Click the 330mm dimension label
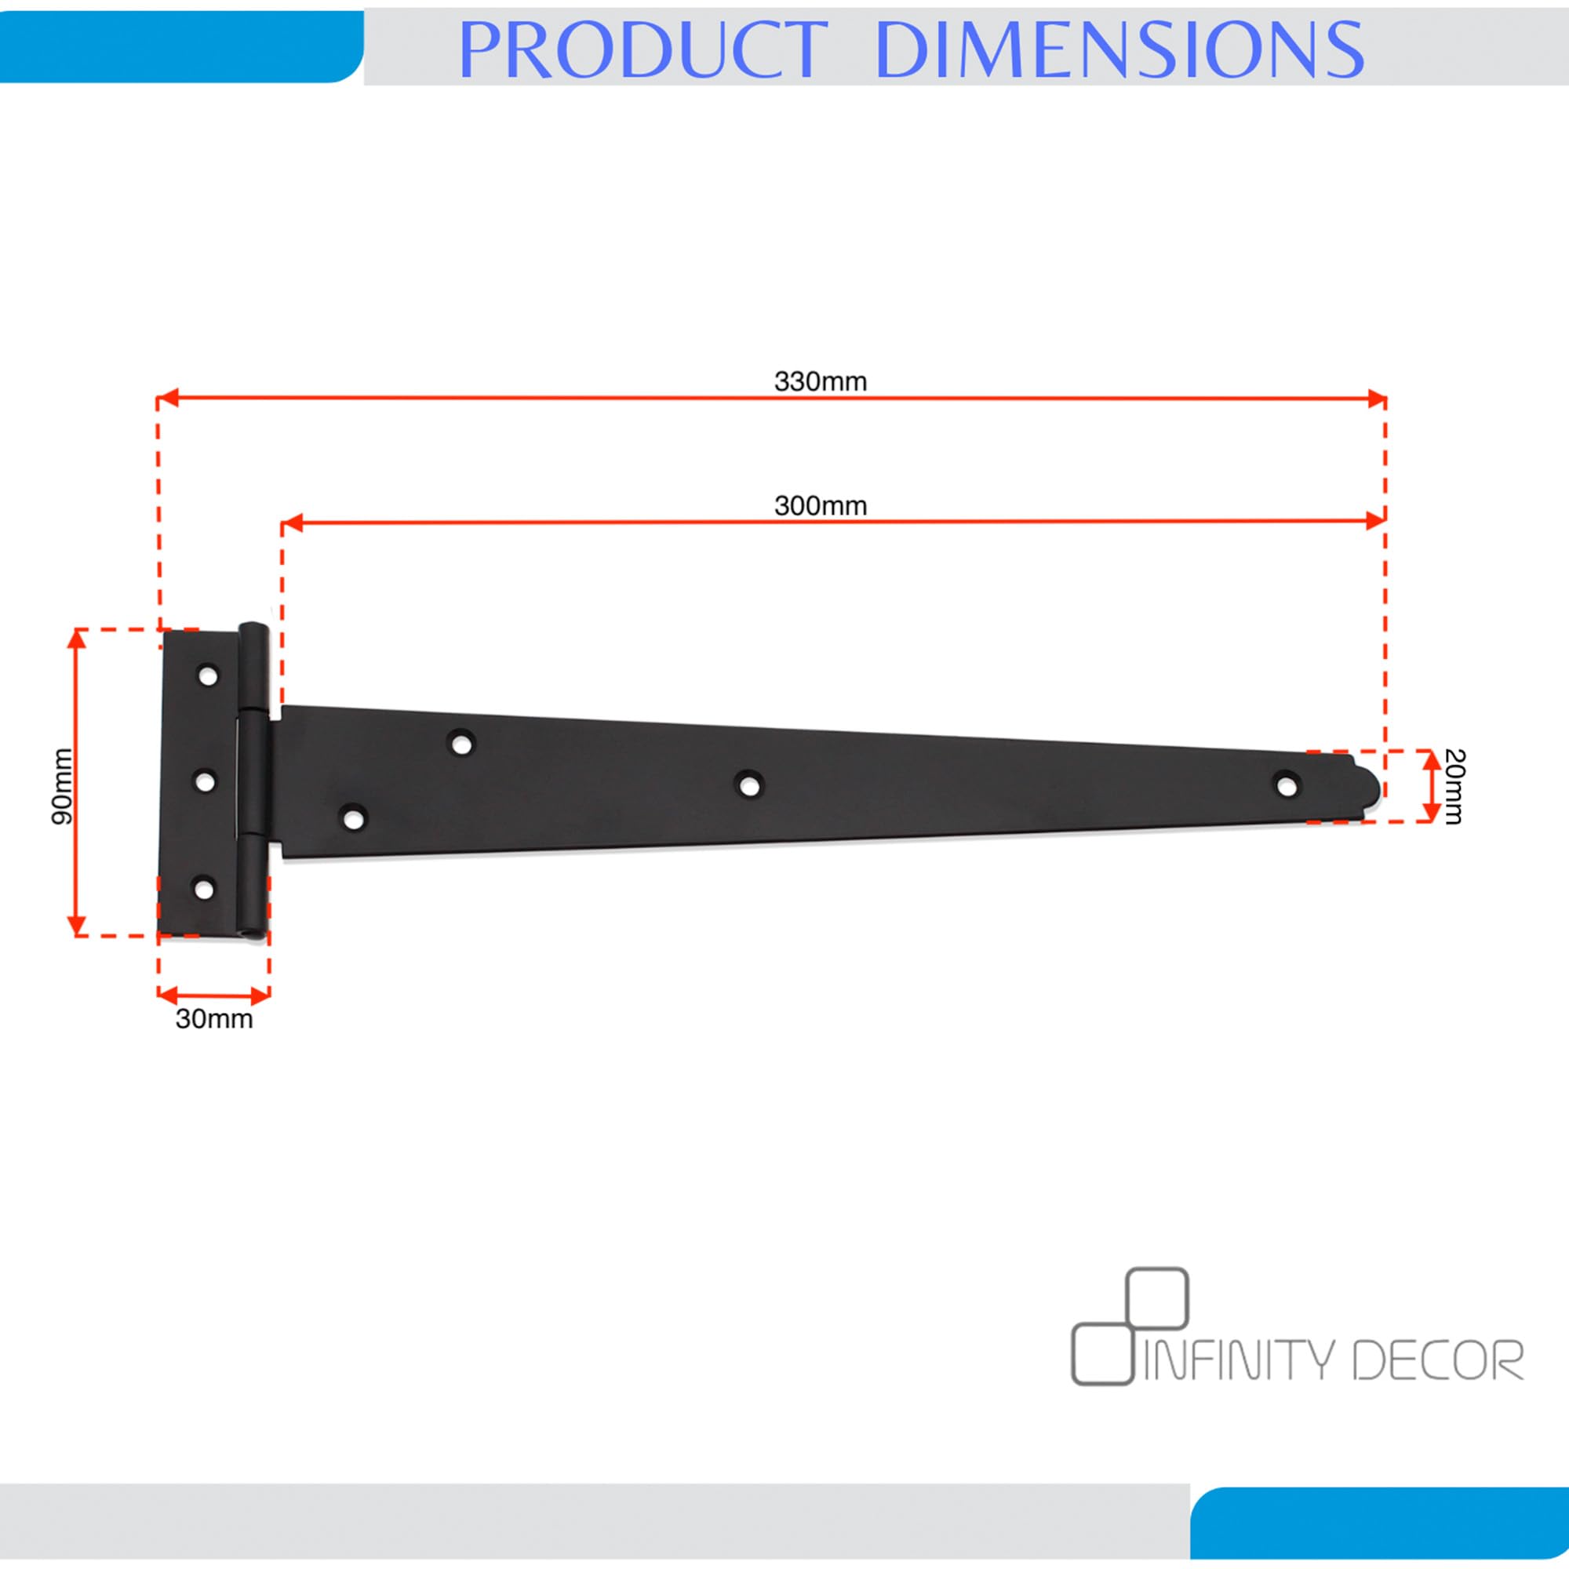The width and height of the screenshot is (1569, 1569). [x=821, y=381]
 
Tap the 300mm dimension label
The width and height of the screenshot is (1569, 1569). [x=821, y=505]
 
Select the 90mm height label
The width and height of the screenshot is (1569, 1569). [x=63, y=786]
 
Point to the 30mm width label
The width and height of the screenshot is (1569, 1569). [x=214, y=1018]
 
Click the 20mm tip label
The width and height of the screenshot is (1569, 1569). [x=1454, y=786]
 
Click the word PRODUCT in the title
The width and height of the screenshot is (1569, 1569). [x=642, y=50]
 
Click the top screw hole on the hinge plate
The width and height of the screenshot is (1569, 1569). [x=209, y=675]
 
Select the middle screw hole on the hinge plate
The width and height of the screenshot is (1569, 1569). [x=206, y=781]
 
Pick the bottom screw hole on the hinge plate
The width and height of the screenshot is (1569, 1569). [x=203, y=889]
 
